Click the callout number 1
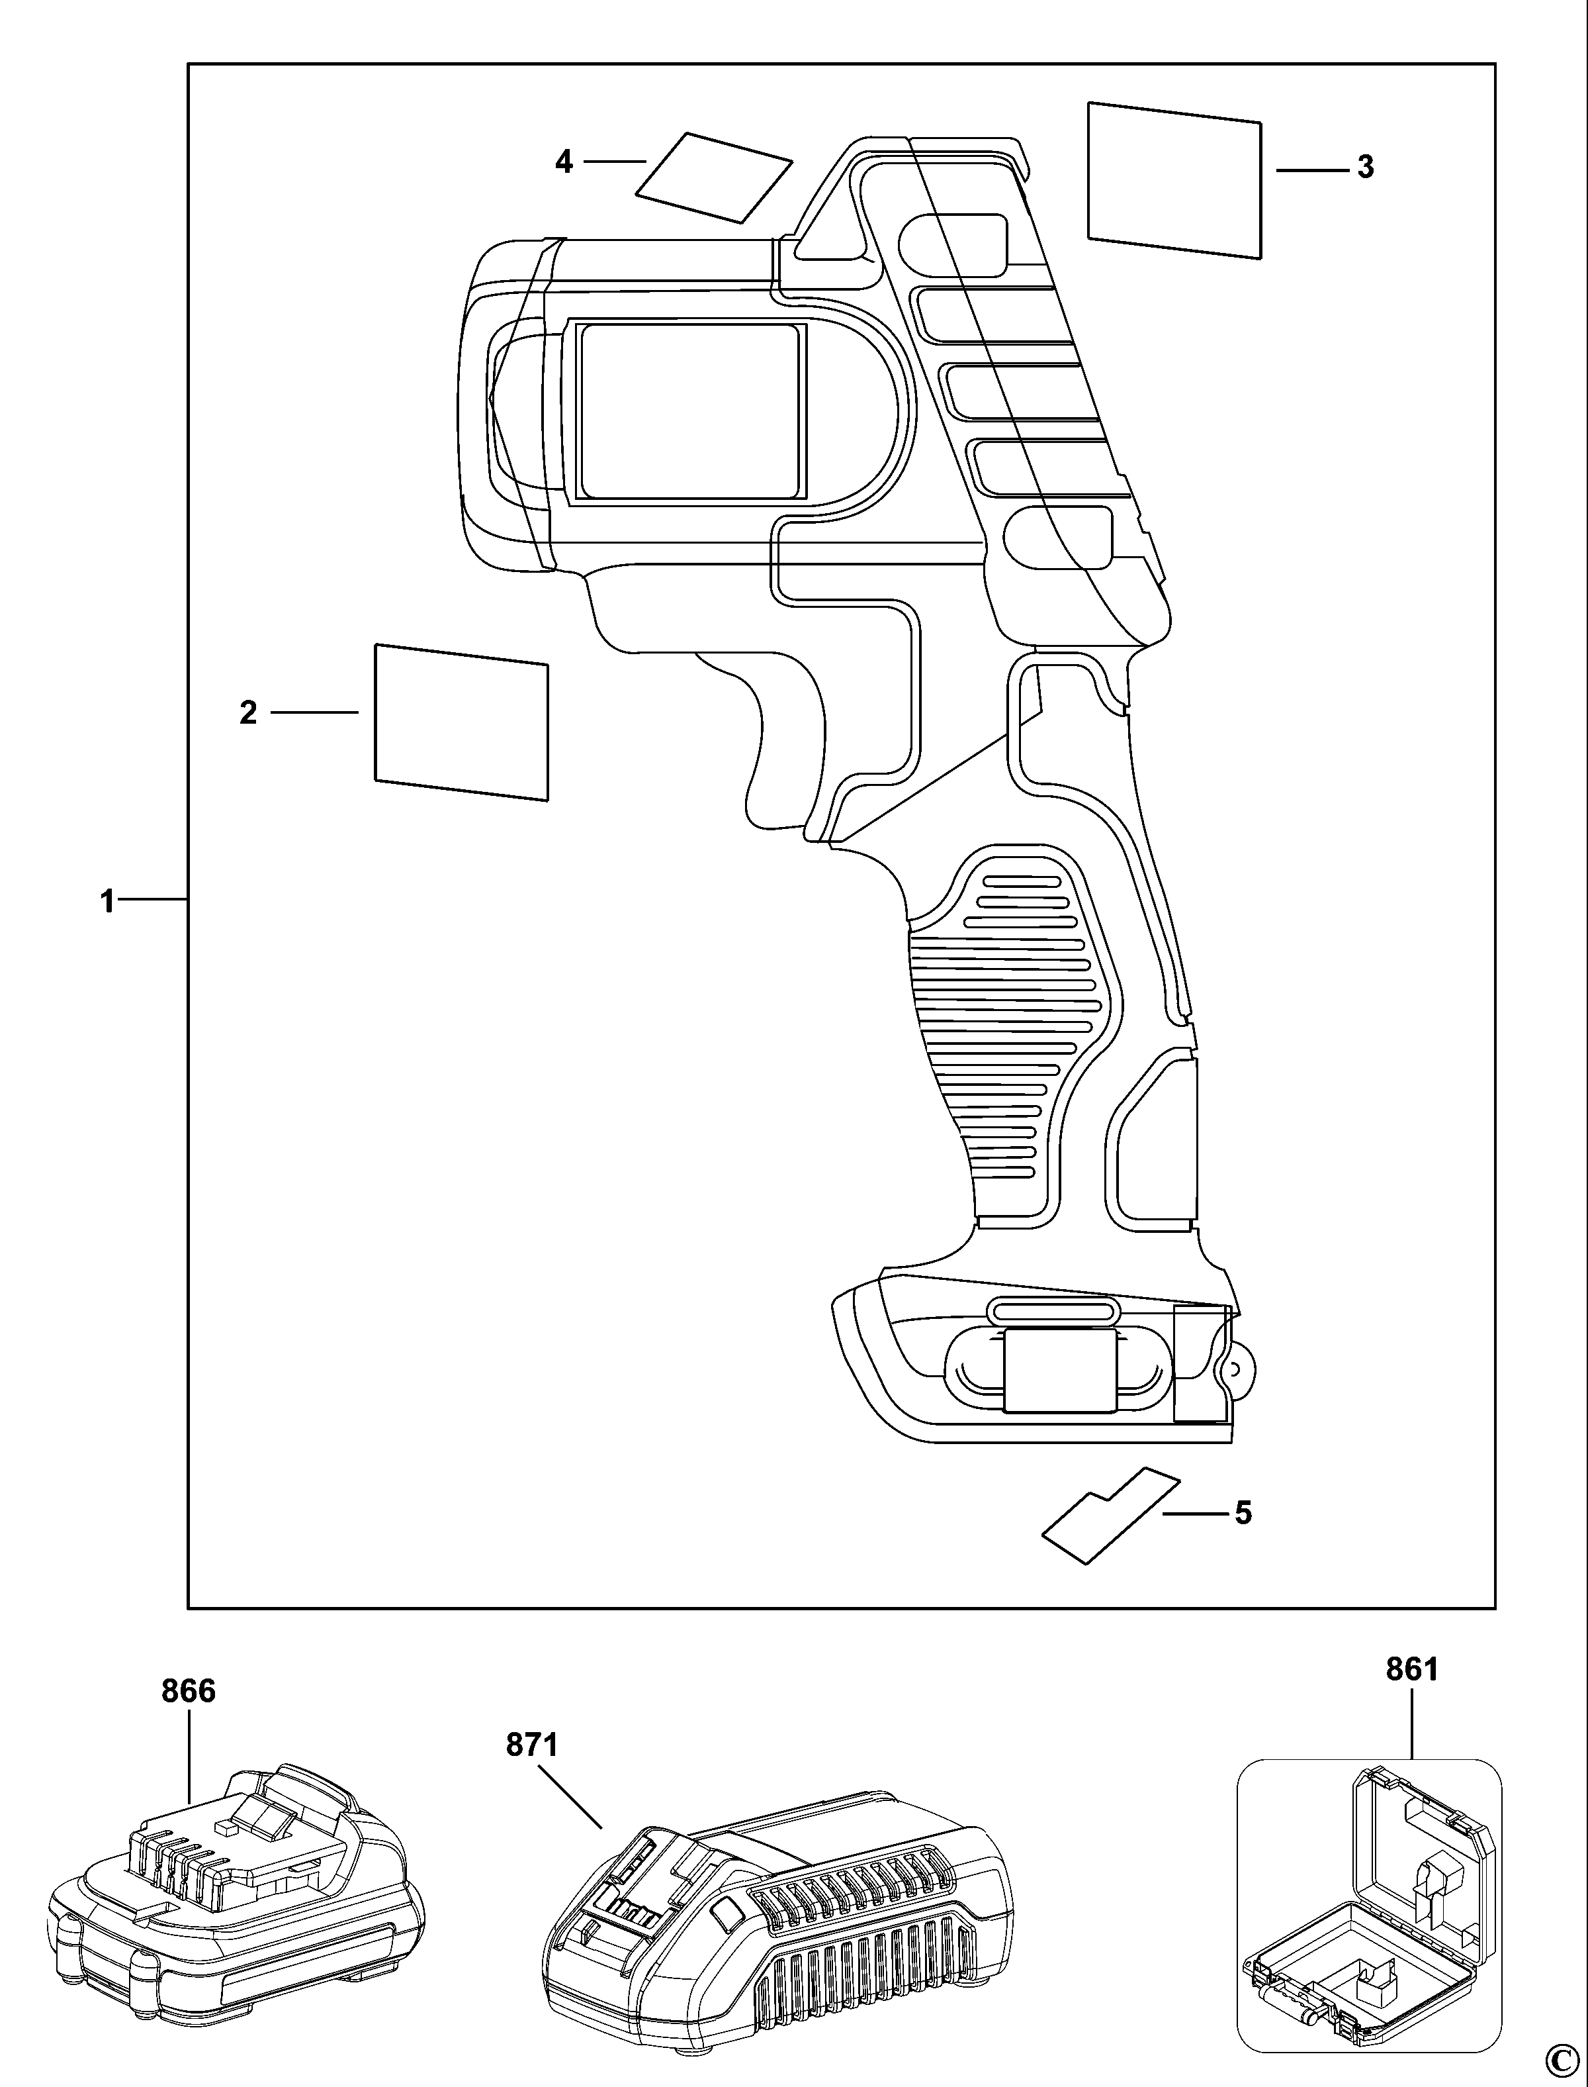click(x=108, y=901)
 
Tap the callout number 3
click(x=1365, y=168)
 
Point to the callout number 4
click(x=563, y=162)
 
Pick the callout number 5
click(x=1243, y=1513)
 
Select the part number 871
click(x=532, y=1745)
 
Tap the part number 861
click(x=1412, y=1670)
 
